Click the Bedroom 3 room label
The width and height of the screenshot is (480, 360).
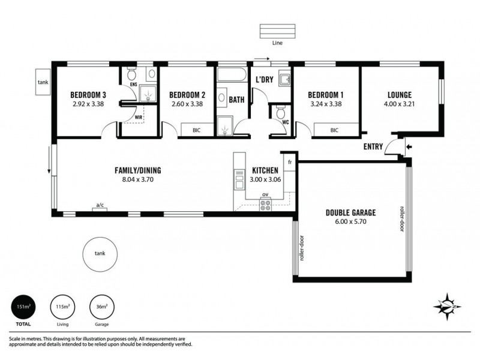pos(88,95)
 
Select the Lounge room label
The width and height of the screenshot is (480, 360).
pos(400,95)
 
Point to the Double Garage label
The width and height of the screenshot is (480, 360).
pos(350,212)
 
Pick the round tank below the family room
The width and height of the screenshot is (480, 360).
pos(100,253)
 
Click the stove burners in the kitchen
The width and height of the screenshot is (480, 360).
pos(265,205)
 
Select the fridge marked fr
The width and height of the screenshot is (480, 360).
pos(289,163)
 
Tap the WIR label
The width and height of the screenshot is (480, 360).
pos(139,118)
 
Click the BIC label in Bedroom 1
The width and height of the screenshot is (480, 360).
pos(335,130)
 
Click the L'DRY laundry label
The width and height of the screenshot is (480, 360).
pos(265,80)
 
